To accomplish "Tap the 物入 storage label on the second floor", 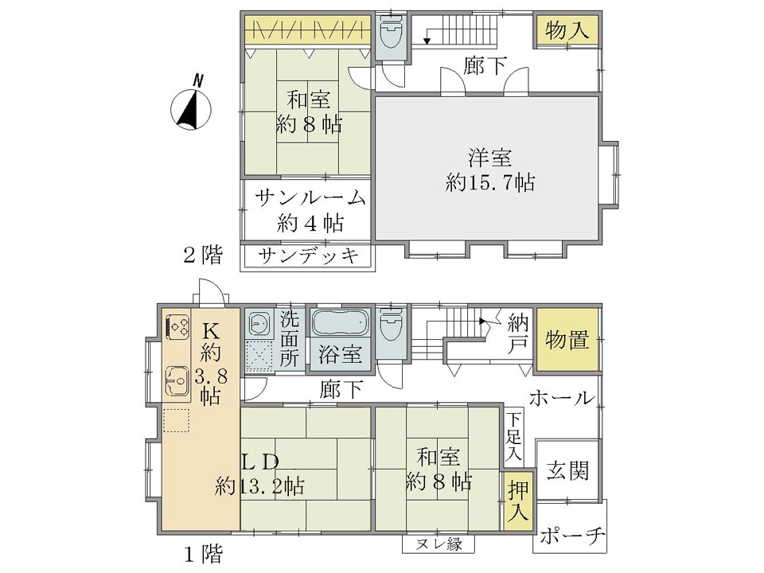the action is pyautogui.click(x=567, y=29).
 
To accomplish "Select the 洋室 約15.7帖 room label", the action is pyautogui.click(x=489, y=170).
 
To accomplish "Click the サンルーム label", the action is pyautogui.click(x=310, y=198).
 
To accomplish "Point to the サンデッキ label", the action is pyautogui.click(x=309, y=255).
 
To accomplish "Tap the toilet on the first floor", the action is pyautogui.click(x=390, y=325).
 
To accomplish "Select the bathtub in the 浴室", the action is pyautogui.click(x=340, y=322).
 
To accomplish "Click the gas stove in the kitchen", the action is pyautogui.click(x=177, y=326).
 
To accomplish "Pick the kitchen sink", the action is pyautogui.click(x=177, y=380).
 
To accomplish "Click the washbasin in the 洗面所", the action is pyautogui.click(x=258, y=323).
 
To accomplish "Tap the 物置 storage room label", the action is pyautogui.click(x=567, y=339).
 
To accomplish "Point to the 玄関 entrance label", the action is pyautogui.click(x=567, y=470).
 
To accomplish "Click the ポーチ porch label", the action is pyautogui.click(x=572, y=536).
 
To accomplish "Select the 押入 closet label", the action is pyautogui.click(x=517, y=501).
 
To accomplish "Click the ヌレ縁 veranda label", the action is pyautogui.click(x=438, y=544).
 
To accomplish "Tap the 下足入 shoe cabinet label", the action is pyautogui.click(x=513, y=437).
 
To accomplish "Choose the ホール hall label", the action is pyautogui.click(x=562, y=399).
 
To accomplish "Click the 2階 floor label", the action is pyautogui.click(x=203, y=255).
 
